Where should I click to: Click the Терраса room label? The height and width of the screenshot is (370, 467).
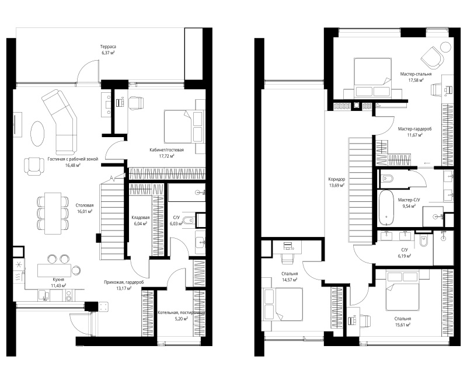[108, 47]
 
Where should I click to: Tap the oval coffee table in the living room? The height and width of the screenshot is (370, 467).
[37, 133]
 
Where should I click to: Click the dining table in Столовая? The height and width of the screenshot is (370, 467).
[53, 213]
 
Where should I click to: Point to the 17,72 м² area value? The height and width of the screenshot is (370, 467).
[166, 156]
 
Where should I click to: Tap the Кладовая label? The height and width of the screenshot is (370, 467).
[141, 218]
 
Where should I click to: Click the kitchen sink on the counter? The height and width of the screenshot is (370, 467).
[46, 295]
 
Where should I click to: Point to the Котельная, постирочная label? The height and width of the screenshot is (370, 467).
[181, 313]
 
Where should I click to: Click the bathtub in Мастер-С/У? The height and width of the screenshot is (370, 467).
[386, 208]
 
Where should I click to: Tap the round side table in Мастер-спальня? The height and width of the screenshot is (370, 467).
[446, 47]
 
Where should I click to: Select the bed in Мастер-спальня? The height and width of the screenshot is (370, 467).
[372, 77]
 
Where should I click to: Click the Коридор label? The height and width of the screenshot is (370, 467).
[337, 179]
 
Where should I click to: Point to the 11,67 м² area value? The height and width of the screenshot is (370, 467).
[415, 135]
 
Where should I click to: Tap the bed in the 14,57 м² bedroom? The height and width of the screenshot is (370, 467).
[283, 304]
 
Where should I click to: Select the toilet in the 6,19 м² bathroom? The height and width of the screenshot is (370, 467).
[423, 240]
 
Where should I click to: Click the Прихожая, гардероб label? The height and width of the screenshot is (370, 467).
[124, 282]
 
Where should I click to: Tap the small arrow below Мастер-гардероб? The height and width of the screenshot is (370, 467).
[427, 163]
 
